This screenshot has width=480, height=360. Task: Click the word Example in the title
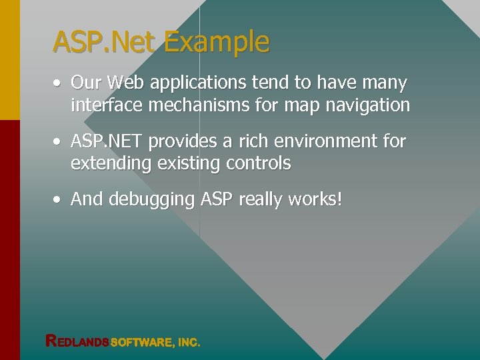(x=217, y=42)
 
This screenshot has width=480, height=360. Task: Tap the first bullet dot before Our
(x=59, y=83)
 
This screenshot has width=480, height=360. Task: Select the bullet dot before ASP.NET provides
(x=59, y=141)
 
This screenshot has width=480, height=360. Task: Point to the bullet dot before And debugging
(x=59, y=199)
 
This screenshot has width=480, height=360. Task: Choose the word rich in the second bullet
(x=260, y=141)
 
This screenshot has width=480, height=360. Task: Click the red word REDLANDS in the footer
(x=77, y=341)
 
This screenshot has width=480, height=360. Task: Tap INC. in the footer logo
(x=189, y=342)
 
